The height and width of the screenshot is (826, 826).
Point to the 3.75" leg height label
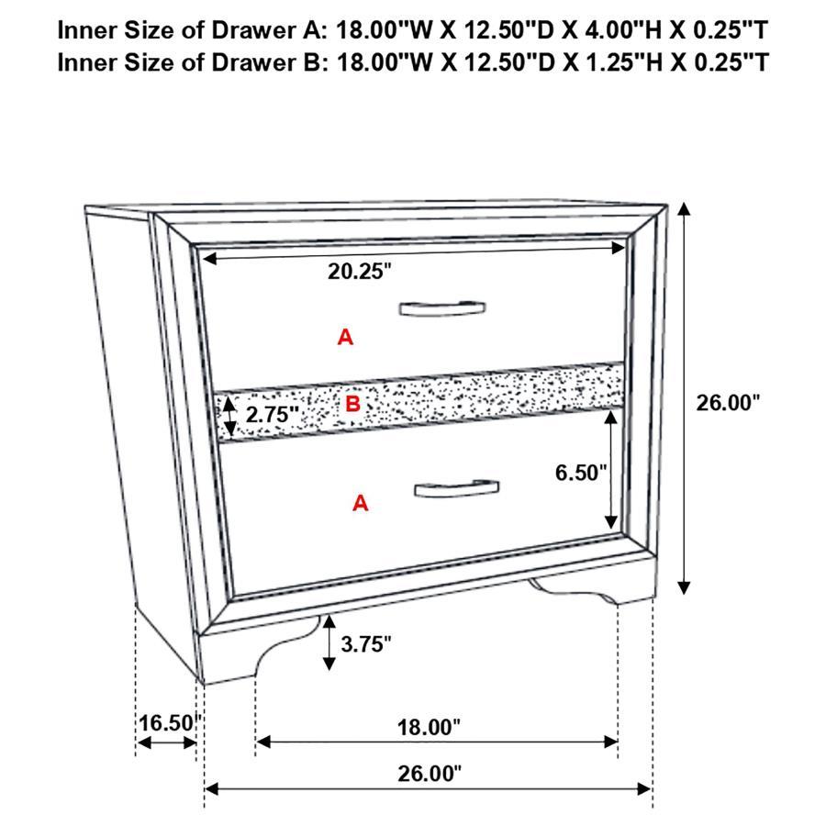[x=365, y=643]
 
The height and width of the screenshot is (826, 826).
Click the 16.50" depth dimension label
[x=167, y=722]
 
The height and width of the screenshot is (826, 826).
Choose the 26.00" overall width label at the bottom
[x=429, y=774]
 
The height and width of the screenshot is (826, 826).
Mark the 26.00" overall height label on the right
[x=728, y=402]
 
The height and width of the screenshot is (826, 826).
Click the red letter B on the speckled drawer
[x=352, y=403]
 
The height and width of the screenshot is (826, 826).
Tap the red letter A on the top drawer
[x=345, y=338]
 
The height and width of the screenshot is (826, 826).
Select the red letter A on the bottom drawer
[x=361, y=503]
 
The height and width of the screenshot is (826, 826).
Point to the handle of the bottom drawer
[x=456, y=488]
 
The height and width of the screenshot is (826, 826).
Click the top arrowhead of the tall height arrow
[x=684, y=209]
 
